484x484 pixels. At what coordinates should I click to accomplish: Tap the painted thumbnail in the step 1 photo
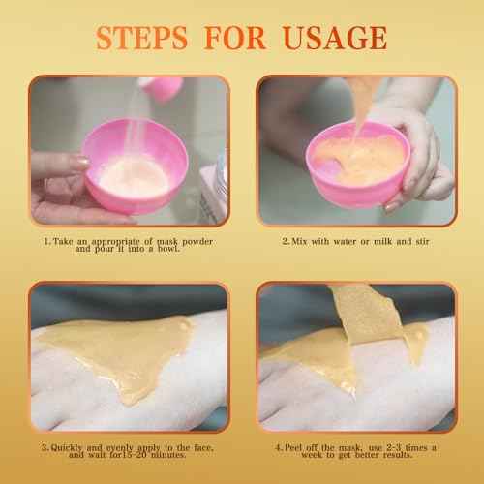click(x=77, y=162)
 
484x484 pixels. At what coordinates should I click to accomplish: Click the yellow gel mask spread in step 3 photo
click(x=126, y=358)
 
